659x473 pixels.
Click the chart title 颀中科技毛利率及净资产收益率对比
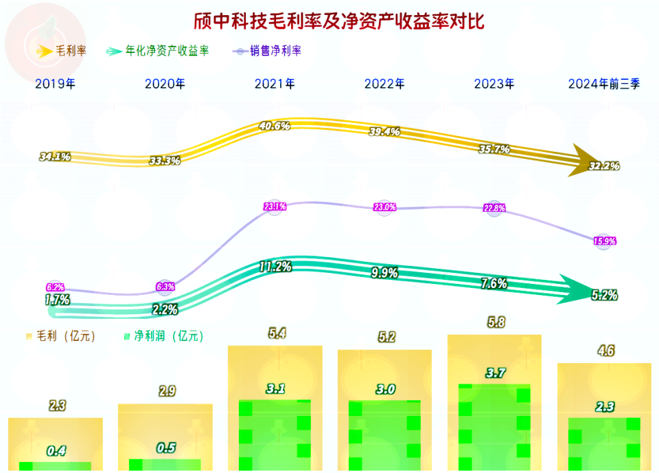[329, 21]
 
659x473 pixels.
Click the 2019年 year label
[55, 84]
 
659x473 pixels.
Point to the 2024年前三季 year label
[604, 84]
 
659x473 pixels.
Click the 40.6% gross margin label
[275, 126]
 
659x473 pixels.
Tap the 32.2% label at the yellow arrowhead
[605, 166]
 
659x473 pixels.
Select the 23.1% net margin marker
[275, 206]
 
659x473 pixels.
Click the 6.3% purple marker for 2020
[165, 286]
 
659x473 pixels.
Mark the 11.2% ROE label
[275, 266]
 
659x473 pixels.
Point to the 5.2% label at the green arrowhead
[604, 295]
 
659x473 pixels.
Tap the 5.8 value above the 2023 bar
[494, 321]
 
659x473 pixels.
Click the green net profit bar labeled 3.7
[494, 426]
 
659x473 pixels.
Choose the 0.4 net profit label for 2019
[56, 451]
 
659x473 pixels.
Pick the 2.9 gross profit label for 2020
[165, 391]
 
